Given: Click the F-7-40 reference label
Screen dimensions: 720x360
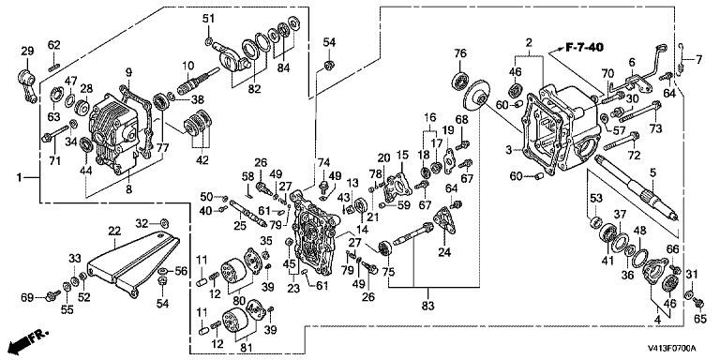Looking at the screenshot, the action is (584, 47).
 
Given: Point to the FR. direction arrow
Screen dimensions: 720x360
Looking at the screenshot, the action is (28, 340).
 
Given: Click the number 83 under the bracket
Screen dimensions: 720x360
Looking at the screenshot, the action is (427, 304).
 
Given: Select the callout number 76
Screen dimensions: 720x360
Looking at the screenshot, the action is (459, 53).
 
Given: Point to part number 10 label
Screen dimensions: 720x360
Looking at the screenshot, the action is (188, 66).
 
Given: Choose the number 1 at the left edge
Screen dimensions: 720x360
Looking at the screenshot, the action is (20, 178).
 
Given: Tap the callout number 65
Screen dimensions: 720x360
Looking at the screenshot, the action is (699, 319).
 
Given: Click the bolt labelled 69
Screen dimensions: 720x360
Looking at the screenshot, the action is (54, 294).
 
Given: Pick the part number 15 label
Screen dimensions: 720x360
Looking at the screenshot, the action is (402, 156).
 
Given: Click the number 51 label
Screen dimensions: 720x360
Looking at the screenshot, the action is (208, 19).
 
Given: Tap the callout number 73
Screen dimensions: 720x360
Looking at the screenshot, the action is (655, 129).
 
